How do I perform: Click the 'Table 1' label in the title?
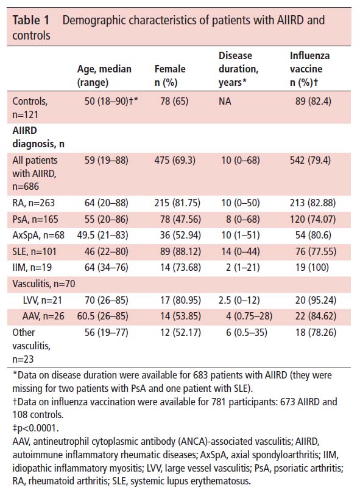31,20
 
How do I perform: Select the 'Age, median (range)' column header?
104,75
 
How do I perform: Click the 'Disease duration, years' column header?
238,69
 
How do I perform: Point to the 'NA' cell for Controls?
225,102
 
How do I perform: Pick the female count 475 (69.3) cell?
175,160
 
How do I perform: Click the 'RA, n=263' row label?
34,203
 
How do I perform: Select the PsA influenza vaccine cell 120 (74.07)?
313,219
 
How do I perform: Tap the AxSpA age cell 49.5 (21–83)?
102,236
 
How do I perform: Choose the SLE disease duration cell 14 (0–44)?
241,252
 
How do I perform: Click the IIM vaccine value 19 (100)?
312,268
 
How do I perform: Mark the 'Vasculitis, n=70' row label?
44,284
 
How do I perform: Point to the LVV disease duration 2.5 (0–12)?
239,300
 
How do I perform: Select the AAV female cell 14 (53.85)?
180,316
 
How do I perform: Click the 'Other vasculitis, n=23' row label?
31,346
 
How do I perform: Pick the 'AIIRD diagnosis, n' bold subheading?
38,137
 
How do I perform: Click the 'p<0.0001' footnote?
38,428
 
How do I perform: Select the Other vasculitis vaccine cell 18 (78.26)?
316,332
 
